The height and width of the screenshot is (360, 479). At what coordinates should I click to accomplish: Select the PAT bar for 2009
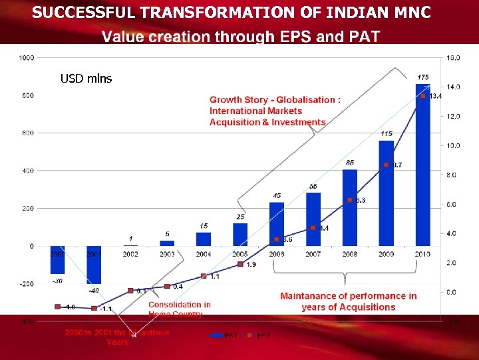pyautogui.click(x=386, y=193)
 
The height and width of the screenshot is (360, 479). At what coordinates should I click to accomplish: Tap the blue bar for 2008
pyautogui.click(x=349, y=207)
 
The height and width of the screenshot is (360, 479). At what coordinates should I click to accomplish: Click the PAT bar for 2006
pyautogui.click(x=276, y=224)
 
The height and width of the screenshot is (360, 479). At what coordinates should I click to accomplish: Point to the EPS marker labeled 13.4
pyautogui.click(x=422, y=96)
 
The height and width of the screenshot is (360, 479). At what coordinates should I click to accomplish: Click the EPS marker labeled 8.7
pyautogui.click(x=386, y=165)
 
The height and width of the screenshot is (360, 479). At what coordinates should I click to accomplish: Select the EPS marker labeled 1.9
pyautogui.click(x=239, y=264)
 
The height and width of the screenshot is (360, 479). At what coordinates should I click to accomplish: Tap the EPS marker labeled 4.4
pyautogui.click(x=313, y=228)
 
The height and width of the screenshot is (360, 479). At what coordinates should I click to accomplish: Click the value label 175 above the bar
pyautogui.click(x=423, y=77)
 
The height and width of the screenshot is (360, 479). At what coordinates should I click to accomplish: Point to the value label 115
pyautogui.click(x=387, y=134)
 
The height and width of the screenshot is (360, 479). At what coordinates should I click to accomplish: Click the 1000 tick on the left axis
pyautogui.click(x=27, y=58)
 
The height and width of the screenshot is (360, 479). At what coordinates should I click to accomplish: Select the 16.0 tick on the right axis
pyautogui.click(x=452, y=58)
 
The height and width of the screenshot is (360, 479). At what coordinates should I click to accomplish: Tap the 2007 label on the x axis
pyautogui.click(x=313, y=254)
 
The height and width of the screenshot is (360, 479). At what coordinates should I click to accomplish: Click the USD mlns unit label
pyautogui.click(x=86, y=79)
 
